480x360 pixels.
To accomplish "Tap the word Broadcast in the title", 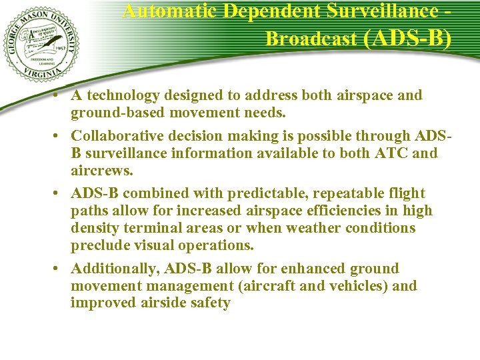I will tap(311, 39).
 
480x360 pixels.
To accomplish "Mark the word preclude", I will tap(98, 246).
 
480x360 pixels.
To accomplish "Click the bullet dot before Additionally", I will tap(59, 269).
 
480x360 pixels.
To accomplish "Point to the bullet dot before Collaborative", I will tap(59, 136).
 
